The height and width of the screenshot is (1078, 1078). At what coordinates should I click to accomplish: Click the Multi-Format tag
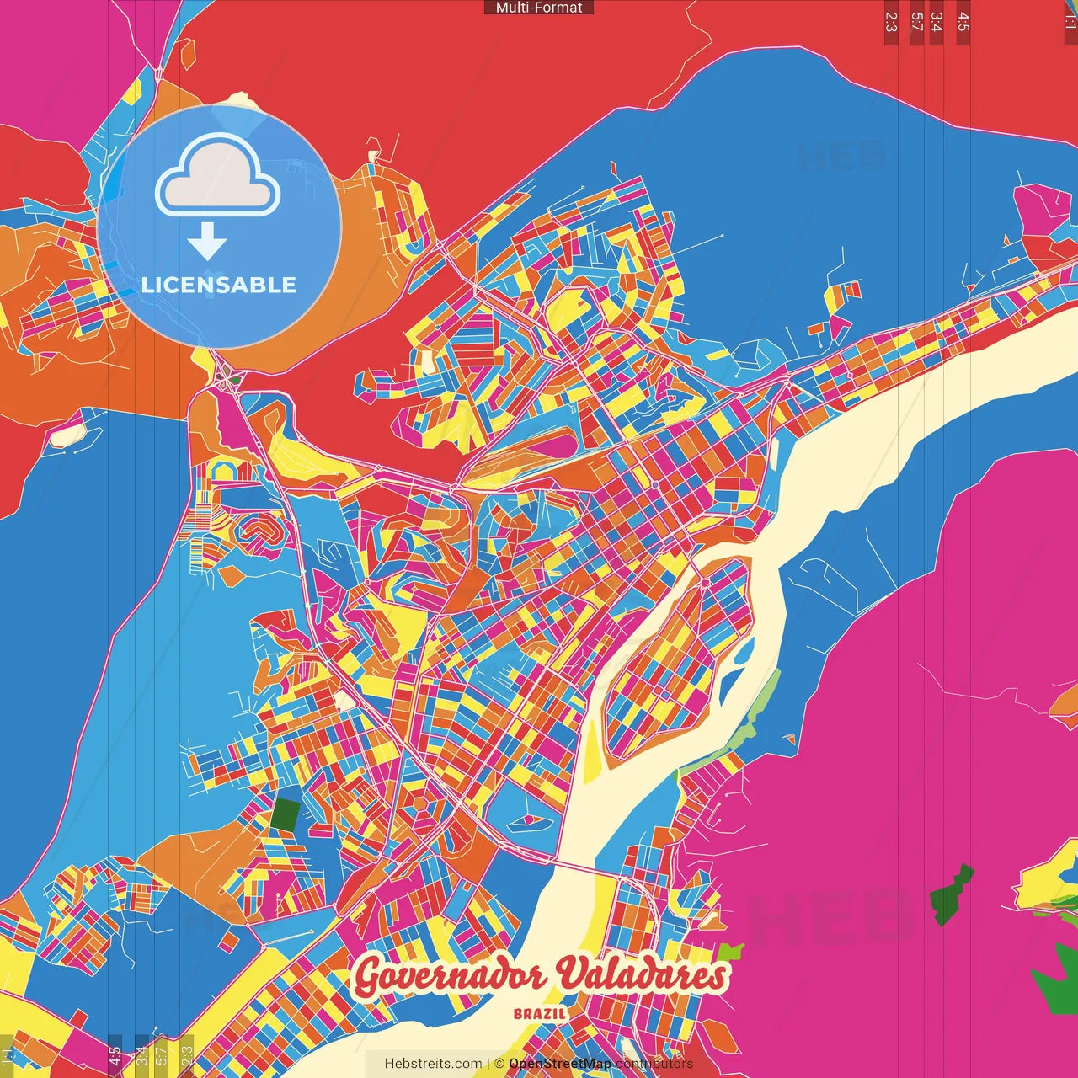(x=538, y=8)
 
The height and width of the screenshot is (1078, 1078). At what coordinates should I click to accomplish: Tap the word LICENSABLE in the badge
(x=219, y=285)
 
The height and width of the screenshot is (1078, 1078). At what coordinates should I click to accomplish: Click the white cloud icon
(x=217, y=175)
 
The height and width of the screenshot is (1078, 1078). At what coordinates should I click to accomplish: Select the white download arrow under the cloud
(x=207, y=242)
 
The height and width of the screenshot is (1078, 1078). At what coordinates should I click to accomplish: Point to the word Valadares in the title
(x=642, y=975)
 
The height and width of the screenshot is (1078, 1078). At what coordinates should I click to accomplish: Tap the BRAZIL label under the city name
(x=540, y=1014)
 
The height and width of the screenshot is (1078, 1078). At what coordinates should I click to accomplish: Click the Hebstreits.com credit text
(x=433, y=1064)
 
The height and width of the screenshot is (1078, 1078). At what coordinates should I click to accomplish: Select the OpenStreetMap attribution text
(x=559, y=1064)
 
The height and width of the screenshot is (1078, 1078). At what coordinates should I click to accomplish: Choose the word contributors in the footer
(x=654, y=1064)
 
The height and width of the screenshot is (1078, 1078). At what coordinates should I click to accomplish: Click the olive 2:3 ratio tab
(x=187, y=1054)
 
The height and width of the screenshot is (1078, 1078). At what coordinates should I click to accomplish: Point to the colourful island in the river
(x=674, y=665)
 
